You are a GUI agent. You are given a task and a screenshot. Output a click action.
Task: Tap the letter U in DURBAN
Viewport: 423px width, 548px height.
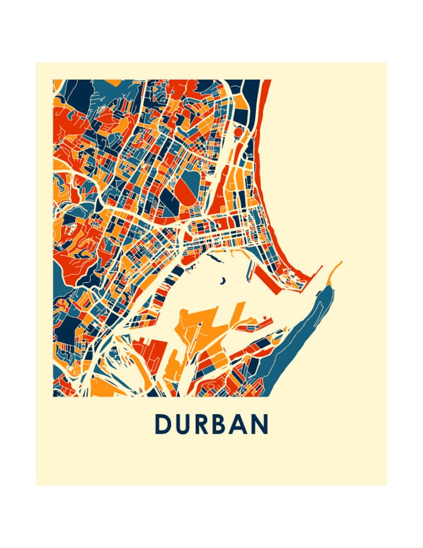click(x=184, y=425)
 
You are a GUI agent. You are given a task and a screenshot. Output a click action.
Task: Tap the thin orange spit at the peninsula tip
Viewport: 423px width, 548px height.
click(x=336, y=269)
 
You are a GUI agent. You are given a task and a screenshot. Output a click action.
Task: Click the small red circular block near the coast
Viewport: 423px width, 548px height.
click(x=238, y=131)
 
